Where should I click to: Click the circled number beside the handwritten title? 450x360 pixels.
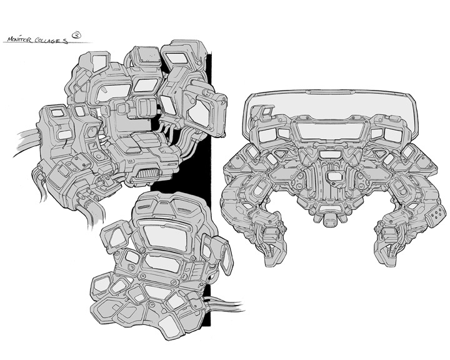pyautogui.click(x=77, y=35)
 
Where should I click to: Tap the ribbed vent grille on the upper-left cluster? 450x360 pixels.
pyautogui.click(x=148, y=174)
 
